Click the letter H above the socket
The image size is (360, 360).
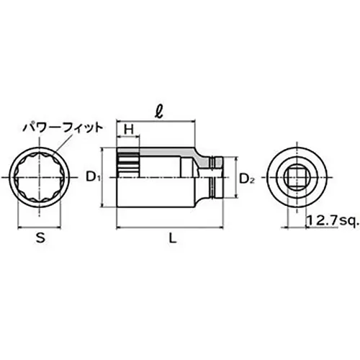click(x=129, y=129)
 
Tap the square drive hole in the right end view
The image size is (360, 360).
click(x=295, y=176)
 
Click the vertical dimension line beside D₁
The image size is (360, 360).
click(x=107, y=177)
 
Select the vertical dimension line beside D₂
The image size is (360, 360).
click(x=235, y=177)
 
